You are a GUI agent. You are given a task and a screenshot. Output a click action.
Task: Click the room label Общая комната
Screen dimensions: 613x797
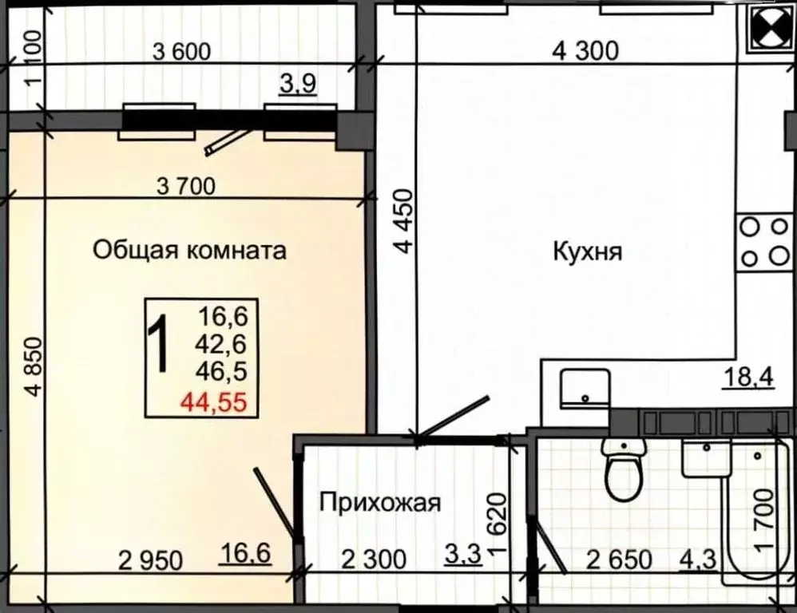(x=189, y=251)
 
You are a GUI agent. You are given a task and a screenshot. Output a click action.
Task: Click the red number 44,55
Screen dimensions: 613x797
(x=212, y=402)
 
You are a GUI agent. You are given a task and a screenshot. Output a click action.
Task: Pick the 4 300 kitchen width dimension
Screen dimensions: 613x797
(x=585, y=51)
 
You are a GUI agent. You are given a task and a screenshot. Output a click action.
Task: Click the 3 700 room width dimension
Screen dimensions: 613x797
(x=186, y=188)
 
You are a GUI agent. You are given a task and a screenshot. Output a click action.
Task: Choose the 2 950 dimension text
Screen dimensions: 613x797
(x=150, y=560)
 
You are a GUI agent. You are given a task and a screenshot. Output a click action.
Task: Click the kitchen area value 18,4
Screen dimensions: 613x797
(x=748, y=376)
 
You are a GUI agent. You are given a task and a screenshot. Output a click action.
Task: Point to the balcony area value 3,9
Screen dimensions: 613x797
(x=297, y=84)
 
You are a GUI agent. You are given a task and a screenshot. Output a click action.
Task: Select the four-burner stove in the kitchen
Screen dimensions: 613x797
(x=763, y=242)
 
